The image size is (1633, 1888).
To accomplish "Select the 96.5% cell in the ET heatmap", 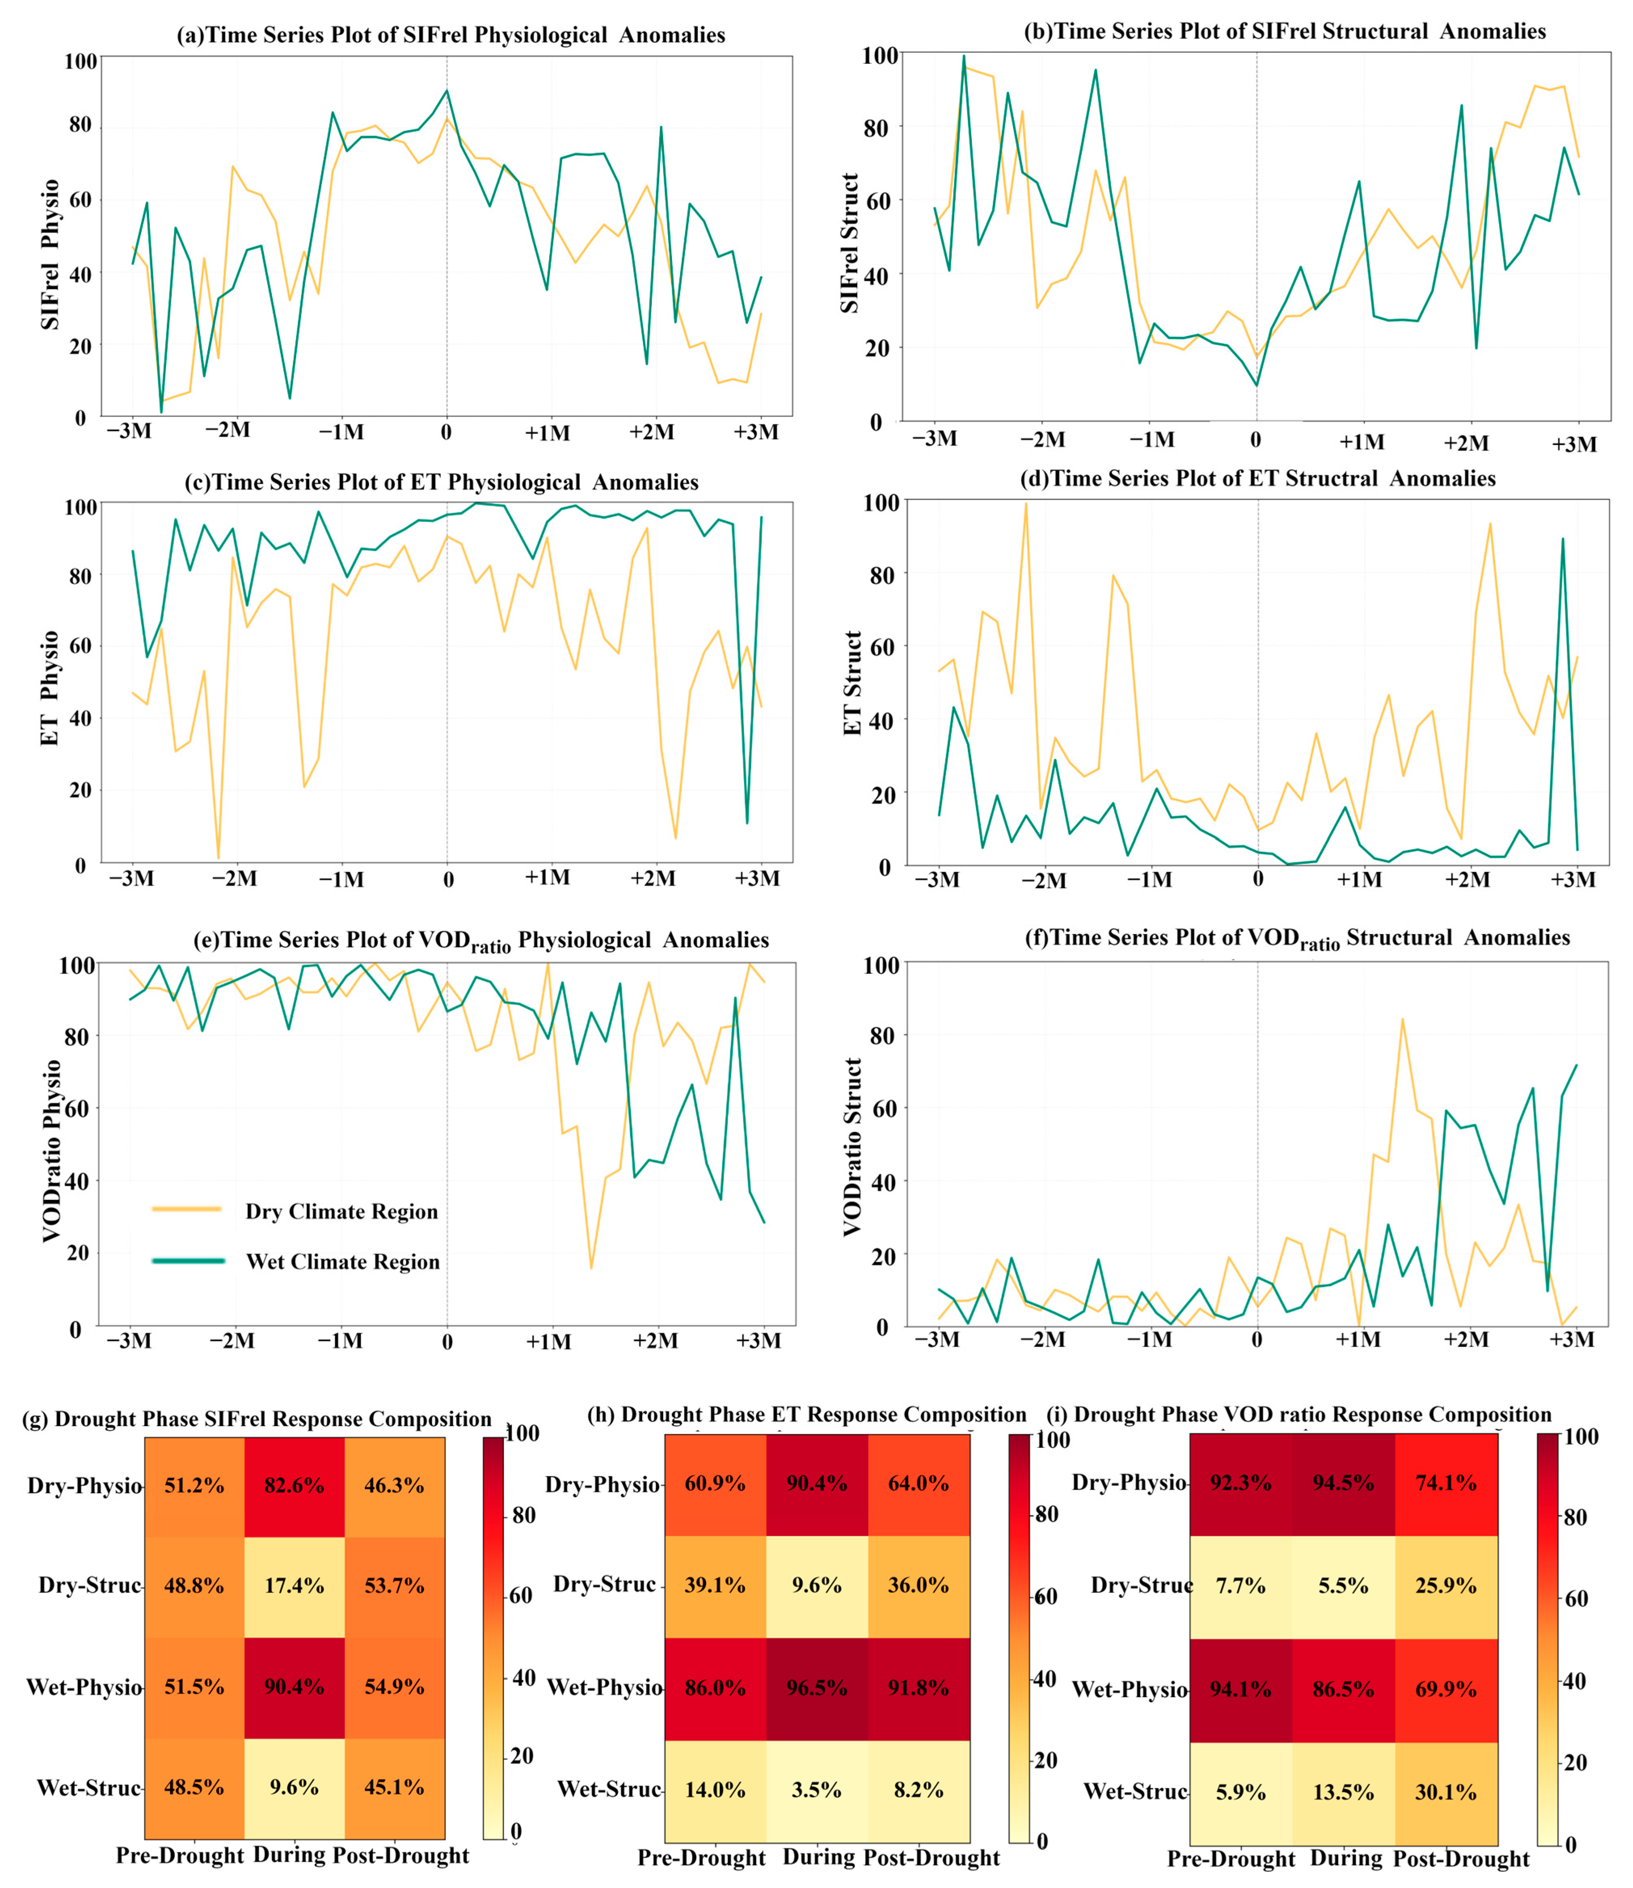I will click(816, 1688).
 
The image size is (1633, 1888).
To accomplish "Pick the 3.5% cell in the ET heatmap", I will click(816, 1789).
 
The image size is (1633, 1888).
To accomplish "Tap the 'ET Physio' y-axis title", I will click(50, 688).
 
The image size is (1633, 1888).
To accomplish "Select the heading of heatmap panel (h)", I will click(807, 1415).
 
